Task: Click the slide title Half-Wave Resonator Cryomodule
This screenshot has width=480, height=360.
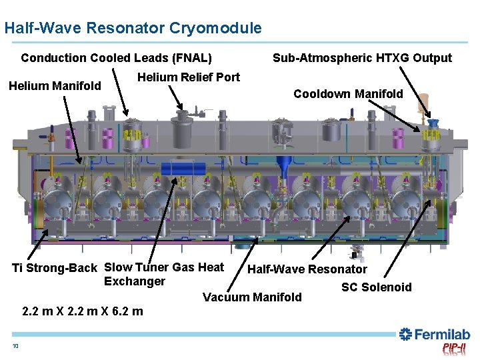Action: tap(133, 28)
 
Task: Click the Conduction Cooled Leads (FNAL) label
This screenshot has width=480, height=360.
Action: tap(116, 58)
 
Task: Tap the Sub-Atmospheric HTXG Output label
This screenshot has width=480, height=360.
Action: tap(362, 58)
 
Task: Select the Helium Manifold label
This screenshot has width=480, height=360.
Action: tap(55, 85)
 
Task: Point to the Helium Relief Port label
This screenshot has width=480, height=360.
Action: tap(188, 77)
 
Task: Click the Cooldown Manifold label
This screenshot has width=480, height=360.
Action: tap(348, 94)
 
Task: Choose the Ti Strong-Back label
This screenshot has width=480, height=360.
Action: tap(55, 268)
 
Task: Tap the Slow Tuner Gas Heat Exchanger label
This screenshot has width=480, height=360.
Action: tap(163, 274)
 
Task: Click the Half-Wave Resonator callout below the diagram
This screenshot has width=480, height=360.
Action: tap(307, 269)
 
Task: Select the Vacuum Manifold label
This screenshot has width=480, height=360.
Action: tap(252, 297)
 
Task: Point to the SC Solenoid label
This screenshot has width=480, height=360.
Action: tap(376, 287)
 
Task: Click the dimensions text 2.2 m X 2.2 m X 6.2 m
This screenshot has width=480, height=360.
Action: tap(82, 311)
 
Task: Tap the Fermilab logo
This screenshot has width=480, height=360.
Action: tap(434, 335)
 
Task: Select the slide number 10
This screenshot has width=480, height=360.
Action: tap(15, 345)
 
